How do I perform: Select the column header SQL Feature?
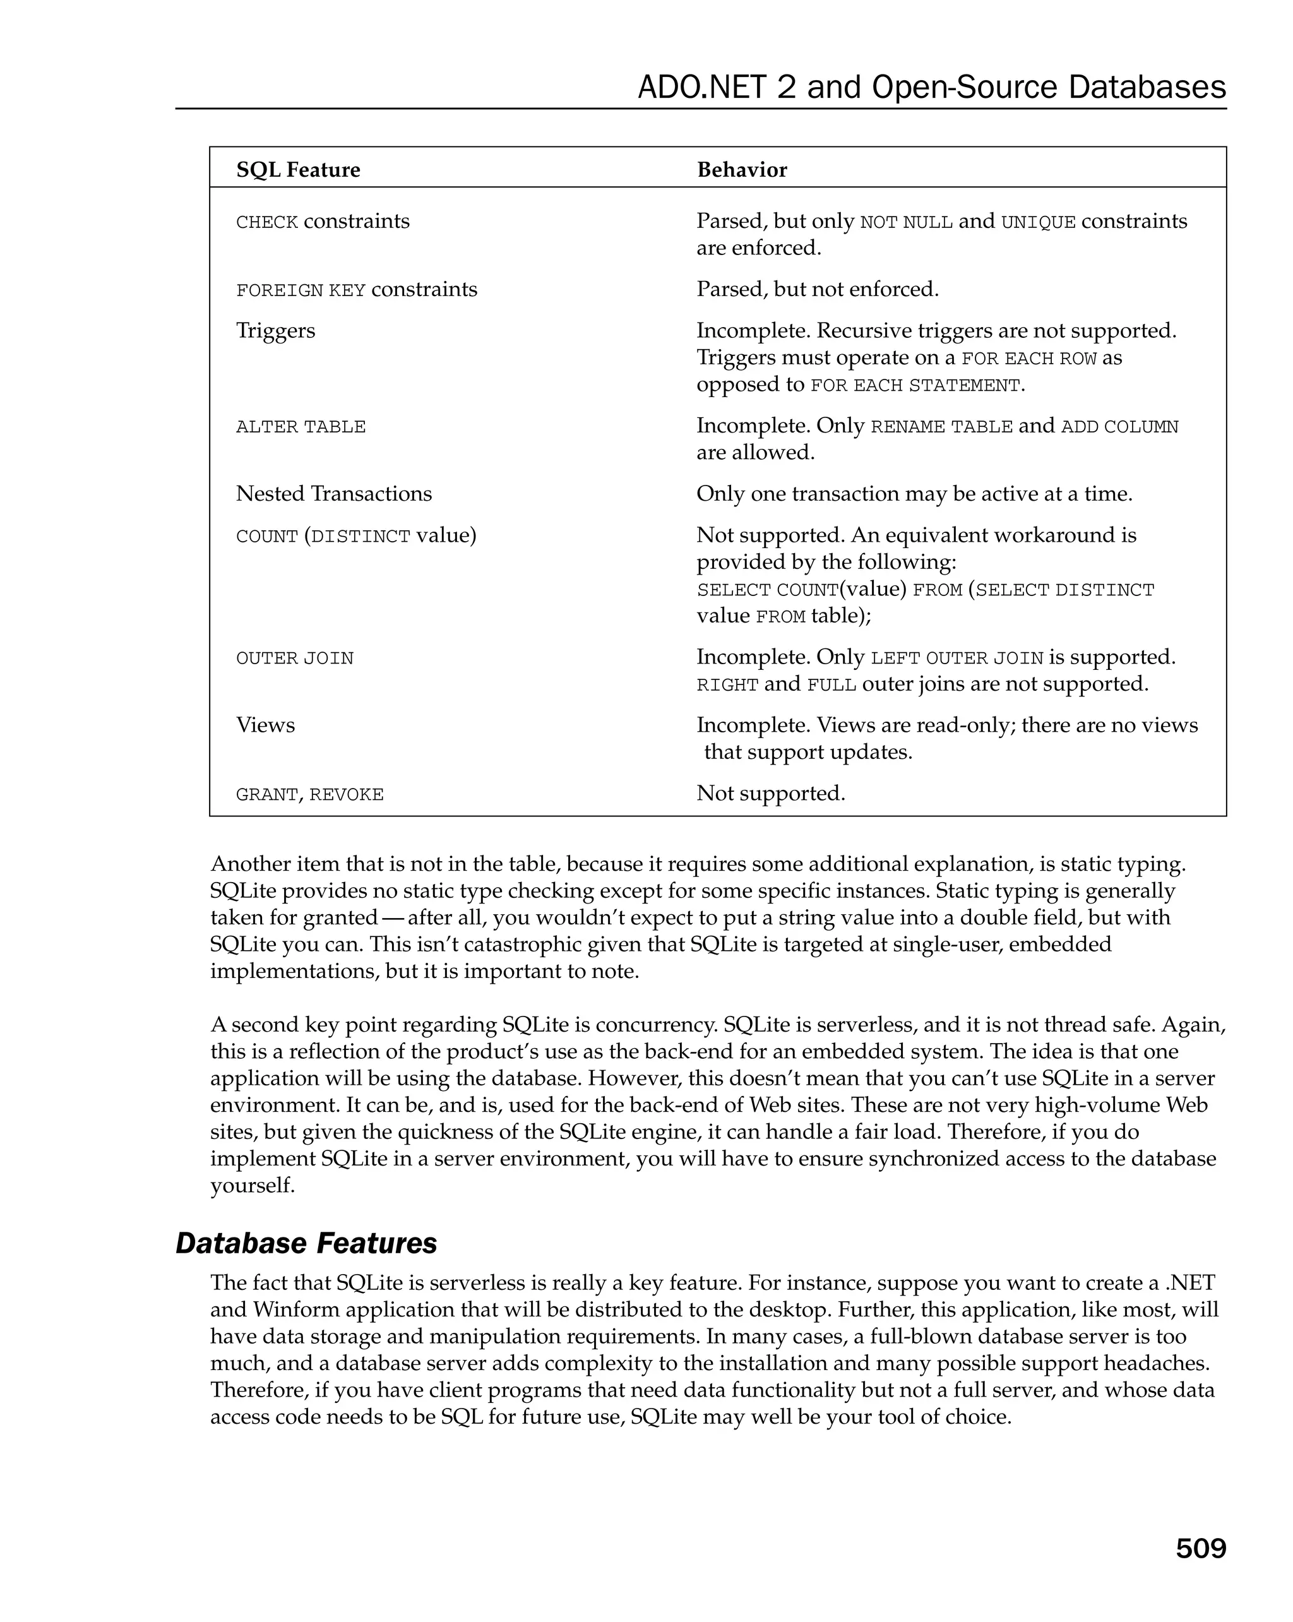[x=298, y=170]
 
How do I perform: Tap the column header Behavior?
[x=742, y=170]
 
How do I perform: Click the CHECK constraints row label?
[x=323, y=222]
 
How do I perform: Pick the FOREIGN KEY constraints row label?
[x=357, y=290]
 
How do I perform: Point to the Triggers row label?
[x=275, y=331]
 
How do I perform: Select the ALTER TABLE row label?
[x=301, y=427]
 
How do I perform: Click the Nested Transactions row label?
[x=334, y=494]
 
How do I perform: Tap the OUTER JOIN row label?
[x=295, y=659]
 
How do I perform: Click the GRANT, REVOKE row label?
[x=310, y=794]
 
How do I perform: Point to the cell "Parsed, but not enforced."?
[x=818, y=290]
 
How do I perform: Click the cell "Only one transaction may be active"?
[x=914, y=494]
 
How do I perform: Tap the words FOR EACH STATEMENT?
[x=915, y=386]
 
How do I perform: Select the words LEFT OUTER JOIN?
[x=956, y=659]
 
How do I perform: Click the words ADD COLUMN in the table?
[x=1119, y=427]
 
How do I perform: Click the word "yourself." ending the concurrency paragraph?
[x=253, y=1186]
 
